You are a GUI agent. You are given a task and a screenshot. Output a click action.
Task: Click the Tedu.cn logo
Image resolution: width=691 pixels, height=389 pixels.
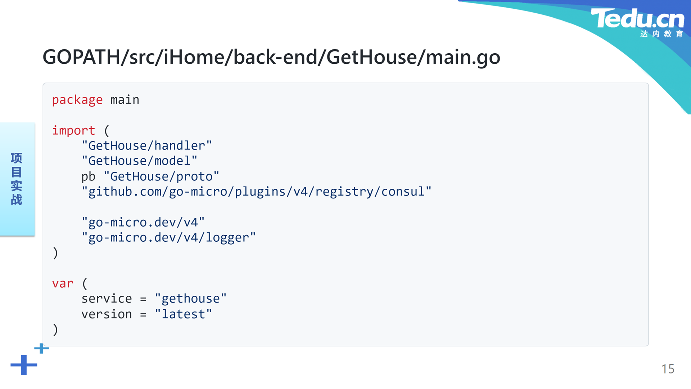(x=637, y=22)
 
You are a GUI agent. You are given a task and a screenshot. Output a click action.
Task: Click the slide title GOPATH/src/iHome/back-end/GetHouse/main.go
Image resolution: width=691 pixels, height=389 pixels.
(x=271, y=57)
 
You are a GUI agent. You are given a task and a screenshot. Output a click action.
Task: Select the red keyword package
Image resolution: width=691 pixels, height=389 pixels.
(x=77, y=100)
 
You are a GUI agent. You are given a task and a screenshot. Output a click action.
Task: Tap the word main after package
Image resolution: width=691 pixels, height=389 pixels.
(x=125, y=100)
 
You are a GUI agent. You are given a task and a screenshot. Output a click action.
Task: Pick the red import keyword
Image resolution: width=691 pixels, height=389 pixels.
(x=73, y=130)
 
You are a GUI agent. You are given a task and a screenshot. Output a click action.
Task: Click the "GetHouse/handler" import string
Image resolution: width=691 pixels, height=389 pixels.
(x=147, y=146)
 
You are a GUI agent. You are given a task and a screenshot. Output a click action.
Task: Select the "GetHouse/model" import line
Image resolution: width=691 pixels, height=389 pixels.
(x=140, y=161)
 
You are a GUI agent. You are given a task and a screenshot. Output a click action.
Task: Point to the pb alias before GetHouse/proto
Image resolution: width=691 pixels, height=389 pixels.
(x=88, y=176)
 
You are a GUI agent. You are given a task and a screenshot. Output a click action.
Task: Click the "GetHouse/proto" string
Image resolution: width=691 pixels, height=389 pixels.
(x=162, y=176)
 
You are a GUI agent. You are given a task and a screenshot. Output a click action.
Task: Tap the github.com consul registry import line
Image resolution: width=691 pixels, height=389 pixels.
(x=256, y=192)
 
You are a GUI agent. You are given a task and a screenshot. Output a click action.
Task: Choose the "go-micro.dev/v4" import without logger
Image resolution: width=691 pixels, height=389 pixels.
(x=143, y=222)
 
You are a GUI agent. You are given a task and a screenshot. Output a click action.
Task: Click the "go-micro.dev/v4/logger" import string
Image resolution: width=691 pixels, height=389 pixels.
(x=169, y=237)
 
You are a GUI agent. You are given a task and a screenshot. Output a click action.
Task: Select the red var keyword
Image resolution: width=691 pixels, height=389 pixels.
(x=63, y=283)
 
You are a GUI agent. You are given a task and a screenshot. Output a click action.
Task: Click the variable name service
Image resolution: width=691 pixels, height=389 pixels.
(x=107, y=299)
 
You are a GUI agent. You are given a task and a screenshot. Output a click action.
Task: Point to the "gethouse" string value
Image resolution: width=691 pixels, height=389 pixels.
(x=191, y=299)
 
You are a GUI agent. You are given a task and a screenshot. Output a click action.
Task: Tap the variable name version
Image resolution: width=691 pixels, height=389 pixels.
(x=107, y=314)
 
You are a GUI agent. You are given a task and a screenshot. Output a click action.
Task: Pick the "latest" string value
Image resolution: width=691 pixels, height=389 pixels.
(x=184, y=314)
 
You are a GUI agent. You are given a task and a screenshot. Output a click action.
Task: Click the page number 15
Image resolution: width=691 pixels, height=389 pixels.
(x=668, y=369)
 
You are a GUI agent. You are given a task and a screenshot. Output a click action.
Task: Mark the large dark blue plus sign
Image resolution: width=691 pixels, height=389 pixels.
(x=24, y=365)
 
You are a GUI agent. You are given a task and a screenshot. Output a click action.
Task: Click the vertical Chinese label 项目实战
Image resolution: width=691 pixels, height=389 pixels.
(x=17, y=179)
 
